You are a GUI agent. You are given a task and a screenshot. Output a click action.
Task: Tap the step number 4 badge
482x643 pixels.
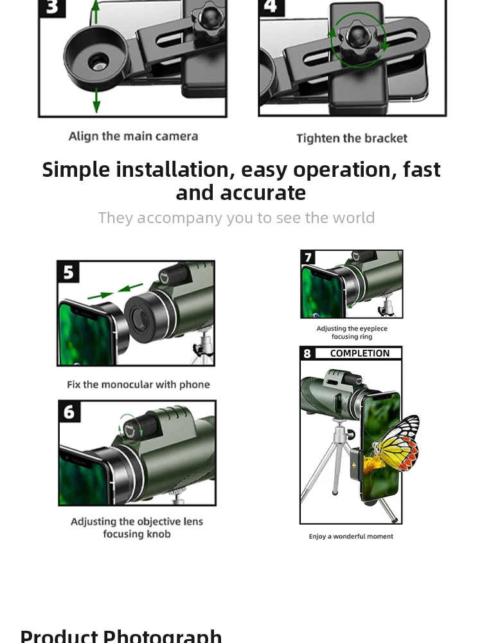(x=271, y=6)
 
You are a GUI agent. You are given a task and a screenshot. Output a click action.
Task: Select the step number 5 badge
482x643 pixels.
(x=69, y=272)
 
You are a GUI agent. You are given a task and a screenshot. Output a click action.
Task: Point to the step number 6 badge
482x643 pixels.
(x=69, y=412)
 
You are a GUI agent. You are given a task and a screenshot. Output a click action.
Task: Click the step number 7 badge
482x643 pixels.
(x=308, y=257)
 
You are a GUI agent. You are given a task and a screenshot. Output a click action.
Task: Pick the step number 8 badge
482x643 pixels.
(x=308, y=354)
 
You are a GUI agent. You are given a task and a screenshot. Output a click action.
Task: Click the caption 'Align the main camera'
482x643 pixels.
(x=133, y=136)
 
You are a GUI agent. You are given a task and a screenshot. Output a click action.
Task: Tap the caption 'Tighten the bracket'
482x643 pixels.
(x=352, y=138)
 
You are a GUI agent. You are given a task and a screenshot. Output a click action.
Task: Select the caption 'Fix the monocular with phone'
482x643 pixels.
(x=138, y=385)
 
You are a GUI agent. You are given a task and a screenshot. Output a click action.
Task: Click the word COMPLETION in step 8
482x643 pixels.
(x=359, y=354)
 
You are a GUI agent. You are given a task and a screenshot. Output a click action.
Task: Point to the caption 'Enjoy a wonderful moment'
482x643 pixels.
(x=351, y=536)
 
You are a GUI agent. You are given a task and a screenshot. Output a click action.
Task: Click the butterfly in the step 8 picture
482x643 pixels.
(x=393, y=445)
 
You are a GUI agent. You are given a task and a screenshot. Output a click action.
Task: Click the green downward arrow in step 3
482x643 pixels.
(x=96, y=100)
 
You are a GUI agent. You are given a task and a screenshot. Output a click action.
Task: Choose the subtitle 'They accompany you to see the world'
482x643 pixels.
(x=237, y=218)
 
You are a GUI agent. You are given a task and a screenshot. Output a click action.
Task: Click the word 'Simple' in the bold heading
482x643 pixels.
(x=76, y=170)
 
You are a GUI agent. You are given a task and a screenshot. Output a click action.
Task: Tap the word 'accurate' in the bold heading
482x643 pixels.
(x=263, y=193)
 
